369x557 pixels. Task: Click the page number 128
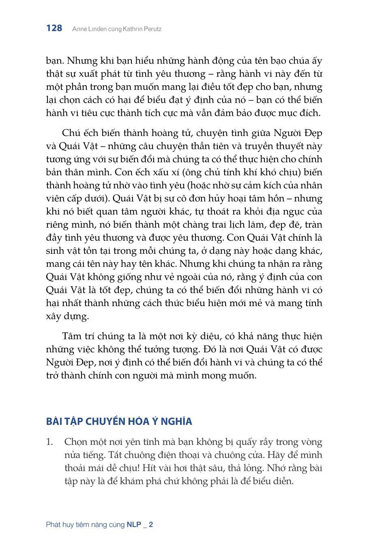tap(54, 28)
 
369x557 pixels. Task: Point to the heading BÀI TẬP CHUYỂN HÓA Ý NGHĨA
tap(119, 421)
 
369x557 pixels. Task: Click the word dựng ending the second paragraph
tap(77, 316)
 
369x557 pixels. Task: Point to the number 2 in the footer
tap(151, 525)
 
